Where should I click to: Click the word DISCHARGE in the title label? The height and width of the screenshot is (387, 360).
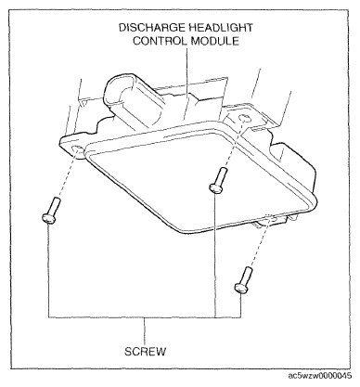(152, 28)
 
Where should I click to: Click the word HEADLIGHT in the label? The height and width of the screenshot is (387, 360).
(221, 28)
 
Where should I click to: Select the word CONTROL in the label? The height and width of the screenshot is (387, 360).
(160, 41)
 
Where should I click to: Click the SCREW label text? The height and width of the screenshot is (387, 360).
(146, 352)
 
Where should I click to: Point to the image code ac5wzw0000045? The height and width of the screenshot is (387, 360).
(320, 376)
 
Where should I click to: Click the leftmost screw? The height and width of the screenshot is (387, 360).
(51, 210)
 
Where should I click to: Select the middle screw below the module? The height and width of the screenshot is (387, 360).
(218, 180)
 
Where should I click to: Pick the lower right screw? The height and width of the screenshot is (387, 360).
(243, 279)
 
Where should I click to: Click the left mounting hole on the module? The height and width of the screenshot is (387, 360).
(77, 150)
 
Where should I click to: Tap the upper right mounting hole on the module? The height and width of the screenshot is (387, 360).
(245, 119)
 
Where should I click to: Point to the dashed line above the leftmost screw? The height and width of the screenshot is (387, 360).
(67, 175)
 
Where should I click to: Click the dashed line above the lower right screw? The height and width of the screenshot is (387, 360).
(259, 242)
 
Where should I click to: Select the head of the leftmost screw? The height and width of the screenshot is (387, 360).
(48, 218)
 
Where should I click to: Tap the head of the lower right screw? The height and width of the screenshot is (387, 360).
(241, 288)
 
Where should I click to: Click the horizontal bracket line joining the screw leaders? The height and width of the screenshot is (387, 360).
(145, 317)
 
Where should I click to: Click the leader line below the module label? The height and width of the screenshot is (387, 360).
(186, 84)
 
